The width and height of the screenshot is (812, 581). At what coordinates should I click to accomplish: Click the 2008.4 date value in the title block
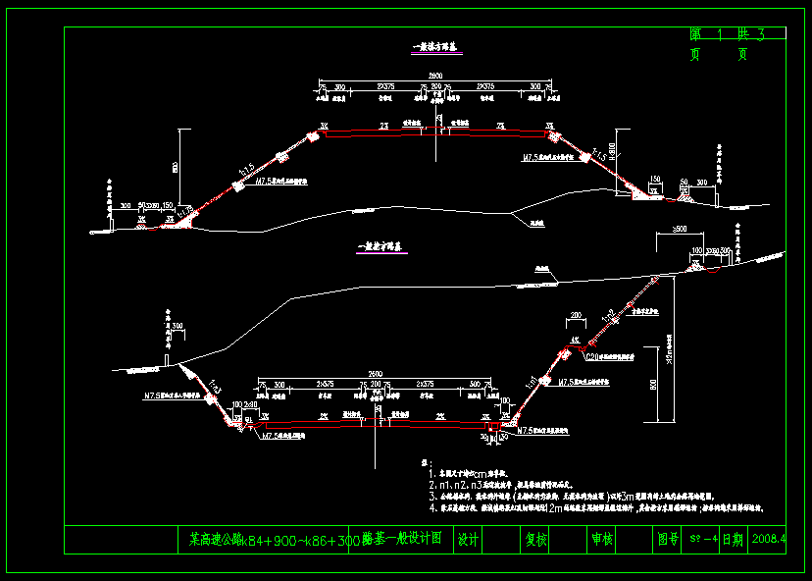[x=768, y=539]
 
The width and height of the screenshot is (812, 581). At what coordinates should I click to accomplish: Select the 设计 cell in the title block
[x=468, y=539]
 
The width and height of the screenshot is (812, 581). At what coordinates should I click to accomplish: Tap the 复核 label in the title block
[x=535, y=539]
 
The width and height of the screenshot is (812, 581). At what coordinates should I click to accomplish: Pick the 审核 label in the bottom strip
[x=601, y=539]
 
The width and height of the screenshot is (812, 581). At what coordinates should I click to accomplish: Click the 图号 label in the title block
[x=667, y=539]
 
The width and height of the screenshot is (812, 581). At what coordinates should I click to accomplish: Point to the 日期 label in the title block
[x=732, y=539]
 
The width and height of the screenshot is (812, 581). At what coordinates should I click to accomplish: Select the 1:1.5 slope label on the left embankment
[x=244, y=174]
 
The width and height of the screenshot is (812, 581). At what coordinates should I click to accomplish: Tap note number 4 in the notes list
[x=431, y=508]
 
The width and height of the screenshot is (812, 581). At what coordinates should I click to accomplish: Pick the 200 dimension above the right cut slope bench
[x=576, y=315]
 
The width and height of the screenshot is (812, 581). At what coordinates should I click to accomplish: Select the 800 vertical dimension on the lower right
[x=652, y=386]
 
